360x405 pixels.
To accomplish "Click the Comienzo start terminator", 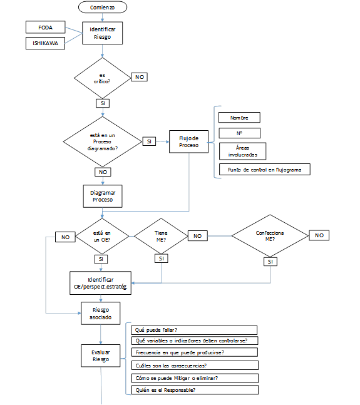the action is (103, 8).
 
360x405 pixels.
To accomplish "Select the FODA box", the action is (46, 27).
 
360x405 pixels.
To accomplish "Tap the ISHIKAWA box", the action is (45, 43).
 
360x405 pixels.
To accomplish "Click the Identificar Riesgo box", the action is (102, 33).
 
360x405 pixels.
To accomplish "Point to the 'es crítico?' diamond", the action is (103, 78).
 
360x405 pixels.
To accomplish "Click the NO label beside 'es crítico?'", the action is (139, 77).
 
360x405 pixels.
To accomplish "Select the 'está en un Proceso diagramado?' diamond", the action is (103, 141).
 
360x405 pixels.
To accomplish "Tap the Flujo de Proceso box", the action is (189, 141).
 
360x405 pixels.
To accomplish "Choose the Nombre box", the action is (239, 118).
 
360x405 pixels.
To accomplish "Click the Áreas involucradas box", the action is (242, 151).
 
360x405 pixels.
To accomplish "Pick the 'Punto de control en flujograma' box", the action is (265, 170).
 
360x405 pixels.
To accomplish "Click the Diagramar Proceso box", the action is (103, 196).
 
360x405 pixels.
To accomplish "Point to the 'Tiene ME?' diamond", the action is (161, 236).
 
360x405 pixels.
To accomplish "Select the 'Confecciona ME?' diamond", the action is (270, 235).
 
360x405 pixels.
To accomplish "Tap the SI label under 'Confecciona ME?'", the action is (270, 262).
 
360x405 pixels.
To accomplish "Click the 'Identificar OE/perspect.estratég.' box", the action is (100, 283).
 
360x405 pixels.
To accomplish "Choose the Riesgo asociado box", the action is (100, 314).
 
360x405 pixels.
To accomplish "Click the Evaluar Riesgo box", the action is (100, 356).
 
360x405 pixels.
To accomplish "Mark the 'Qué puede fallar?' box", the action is (195, 330).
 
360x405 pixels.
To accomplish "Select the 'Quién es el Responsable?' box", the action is (195, 390).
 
